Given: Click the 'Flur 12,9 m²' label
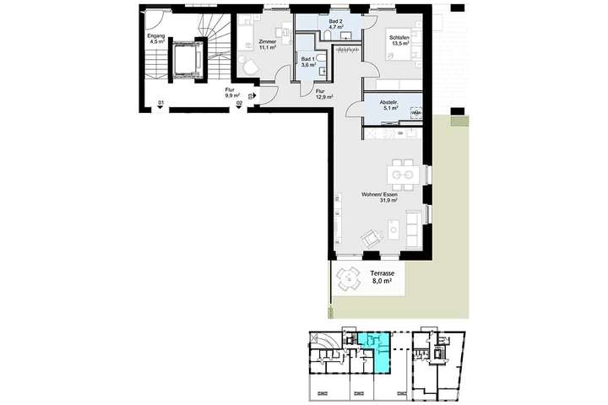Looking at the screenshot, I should point(323,95).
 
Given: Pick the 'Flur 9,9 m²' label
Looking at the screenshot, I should point(230,94).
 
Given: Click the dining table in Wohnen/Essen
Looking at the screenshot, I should point(401,175).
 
